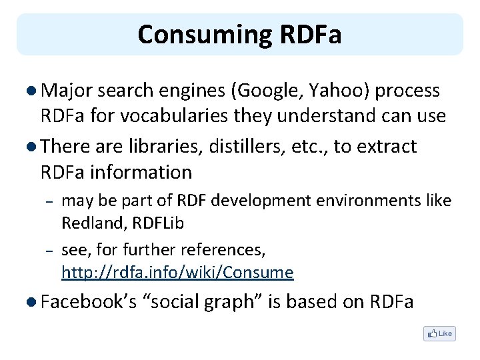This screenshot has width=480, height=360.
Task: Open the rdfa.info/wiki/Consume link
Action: click(x=177, y=272)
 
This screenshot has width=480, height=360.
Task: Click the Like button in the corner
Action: click(x=440, y=333)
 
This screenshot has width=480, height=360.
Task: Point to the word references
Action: click(x=226, y=251)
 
